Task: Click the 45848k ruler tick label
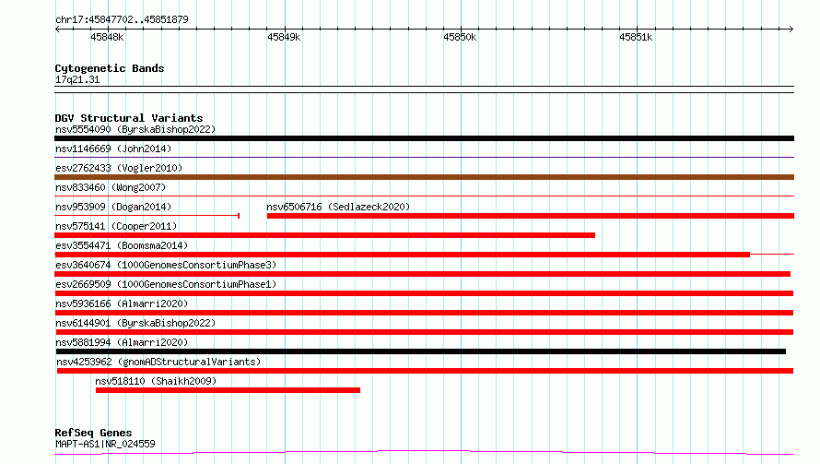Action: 107,37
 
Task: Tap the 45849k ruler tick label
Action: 284,37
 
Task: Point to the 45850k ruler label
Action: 460,37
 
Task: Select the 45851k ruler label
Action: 636,37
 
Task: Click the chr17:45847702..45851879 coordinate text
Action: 122,19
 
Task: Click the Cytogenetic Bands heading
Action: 110,68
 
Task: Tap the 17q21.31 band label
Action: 77,79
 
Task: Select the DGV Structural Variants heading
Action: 129,118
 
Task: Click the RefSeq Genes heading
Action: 94,433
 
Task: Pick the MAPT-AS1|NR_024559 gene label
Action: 105,444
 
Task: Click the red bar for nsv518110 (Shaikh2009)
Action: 228,390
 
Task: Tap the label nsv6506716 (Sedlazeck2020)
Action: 338,207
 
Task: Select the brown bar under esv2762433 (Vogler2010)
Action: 424,177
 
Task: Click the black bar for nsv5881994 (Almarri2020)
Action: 421,351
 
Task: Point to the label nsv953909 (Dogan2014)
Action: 113,207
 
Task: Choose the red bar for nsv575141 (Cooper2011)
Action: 324,235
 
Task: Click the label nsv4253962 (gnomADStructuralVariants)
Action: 158,362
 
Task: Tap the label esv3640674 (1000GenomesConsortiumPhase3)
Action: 166,265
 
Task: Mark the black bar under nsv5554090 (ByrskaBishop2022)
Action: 424,138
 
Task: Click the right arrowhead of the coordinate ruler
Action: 791,30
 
